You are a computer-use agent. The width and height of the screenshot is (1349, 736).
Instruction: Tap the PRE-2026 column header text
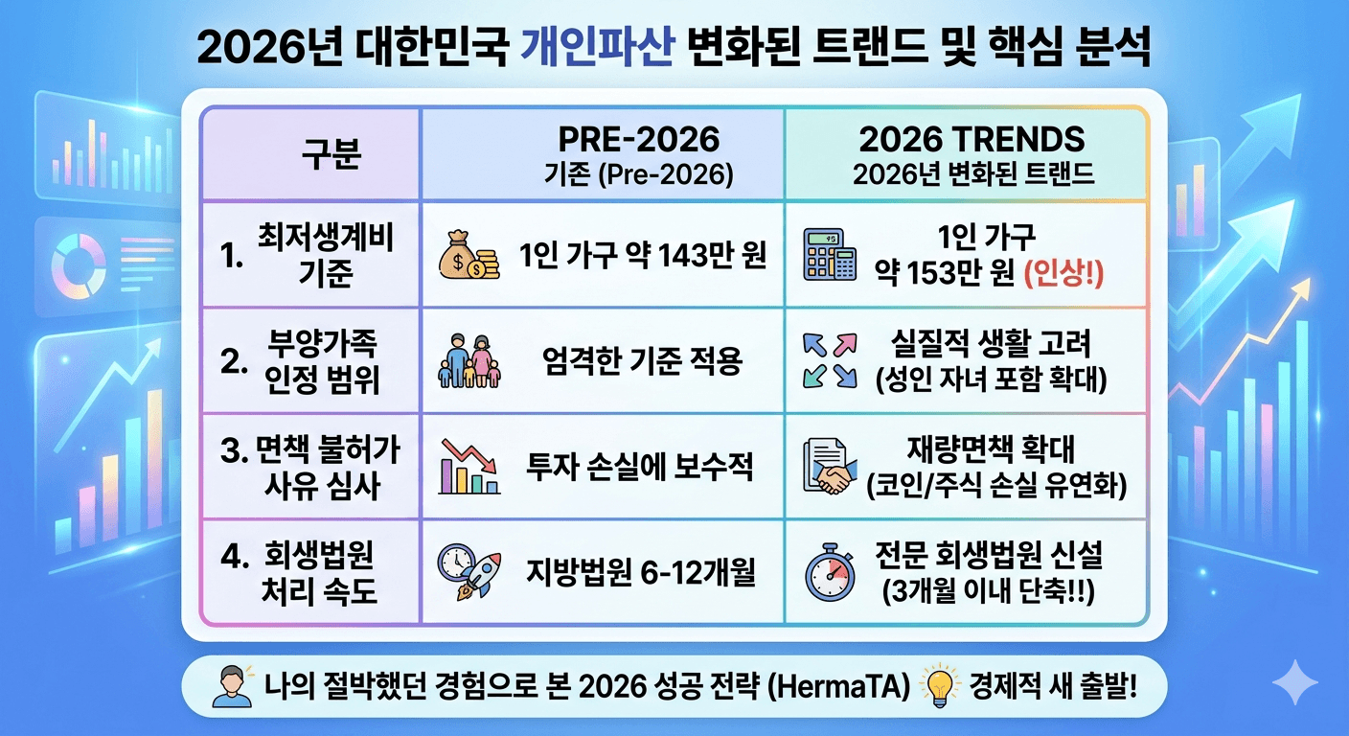640,140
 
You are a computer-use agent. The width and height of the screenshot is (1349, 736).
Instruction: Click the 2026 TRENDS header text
972,140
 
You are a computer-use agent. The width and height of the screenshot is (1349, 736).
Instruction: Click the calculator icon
829,255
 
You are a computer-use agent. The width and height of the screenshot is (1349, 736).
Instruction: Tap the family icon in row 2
469,360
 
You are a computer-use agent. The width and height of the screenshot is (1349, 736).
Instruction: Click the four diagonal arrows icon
829,360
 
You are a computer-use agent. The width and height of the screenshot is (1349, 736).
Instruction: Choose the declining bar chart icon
469,468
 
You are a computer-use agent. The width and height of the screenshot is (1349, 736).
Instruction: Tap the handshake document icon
830,467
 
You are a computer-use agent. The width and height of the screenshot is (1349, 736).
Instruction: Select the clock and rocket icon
469,571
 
